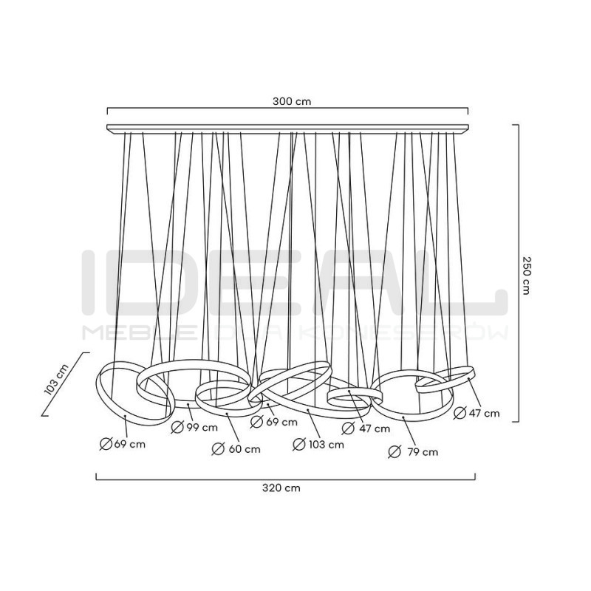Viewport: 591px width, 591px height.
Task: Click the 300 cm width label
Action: click(288, 101)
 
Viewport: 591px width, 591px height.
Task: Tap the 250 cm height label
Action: click(527, 276)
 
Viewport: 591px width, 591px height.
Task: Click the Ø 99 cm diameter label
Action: click(194, 427)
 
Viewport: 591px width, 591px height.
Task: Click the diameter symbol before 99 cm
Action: click(177, 427)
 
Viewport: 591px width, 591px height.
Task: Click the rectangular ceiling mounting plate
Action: click(287, 130)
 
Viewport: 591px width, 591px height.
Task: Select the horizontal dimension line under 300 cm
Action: click(287, 112)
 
